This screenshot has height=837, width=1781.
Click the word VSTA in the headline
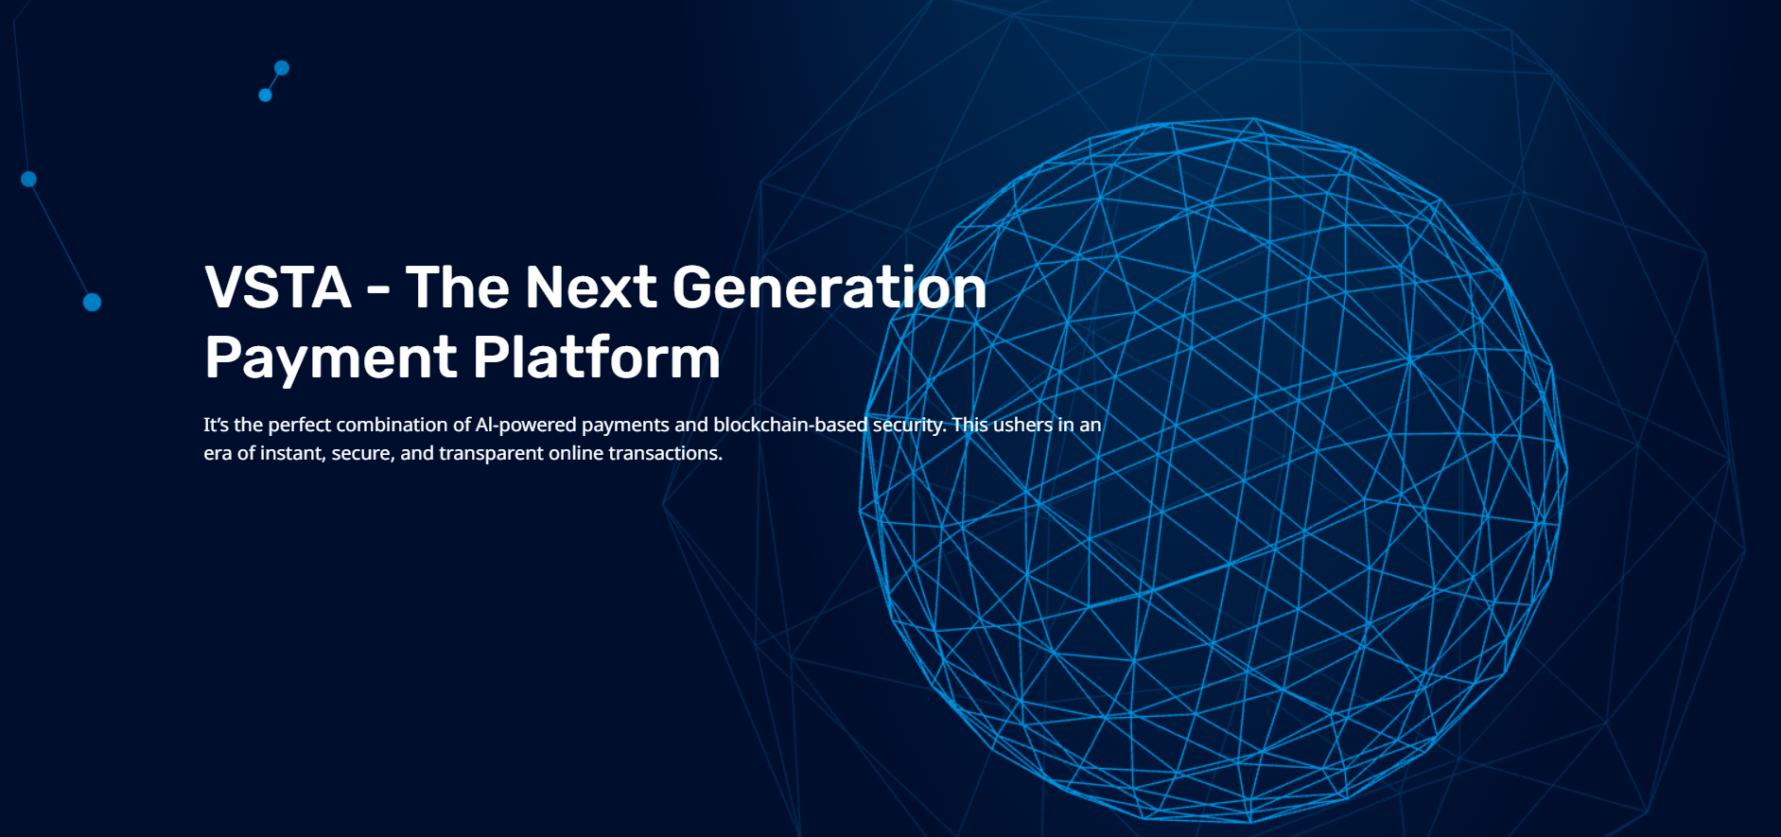coord(278,287)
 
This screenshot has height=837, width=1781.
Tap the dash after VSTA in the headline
coord(378,290)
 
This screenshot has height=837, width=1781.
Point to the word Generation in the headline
coord(829,287)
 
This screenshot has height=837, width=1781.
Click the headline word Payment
coord(331,358)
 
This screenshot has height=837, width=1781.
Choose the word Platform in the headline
coord(597,357)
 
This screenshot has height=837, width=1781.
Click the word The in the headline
coord(458,287)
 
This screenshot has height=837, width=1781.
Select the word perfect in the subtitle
coord(299,426)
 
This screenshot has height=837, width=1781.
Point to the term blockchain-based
coord(790,425)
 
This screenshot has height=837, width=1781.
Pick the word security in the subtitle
coord(909,426)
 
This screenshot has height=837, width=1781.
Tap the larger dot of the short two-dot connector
coord(282,68)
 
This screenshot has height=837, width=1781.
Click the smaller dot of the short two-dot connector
coord(266,96)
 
